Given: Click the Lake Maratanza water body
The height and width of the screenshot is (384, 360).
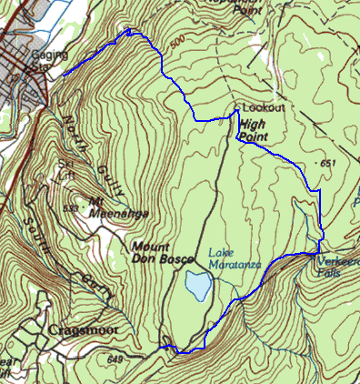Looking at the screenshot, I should click(195, 286).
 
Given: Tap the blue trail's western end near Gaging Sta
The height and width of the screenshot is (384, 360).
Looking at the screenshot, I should click(63, 75).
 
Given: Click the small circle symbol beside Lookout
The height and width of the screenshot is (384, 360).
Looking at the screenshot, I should click(236, 110).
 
